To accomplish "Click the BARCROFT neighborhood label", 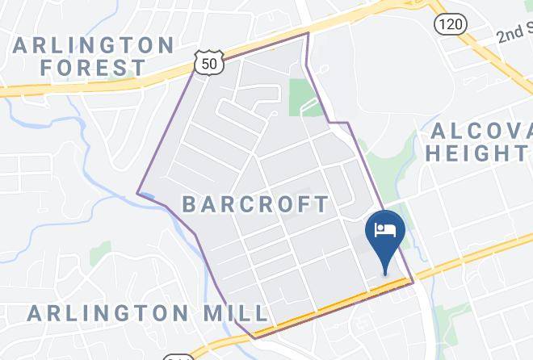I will coord(256,204).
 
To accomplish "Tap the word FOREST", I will coord(94,68).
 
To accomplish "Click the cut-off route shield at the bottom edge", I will coord(178,357).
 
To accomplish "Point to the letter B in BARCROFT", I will coord(189,204).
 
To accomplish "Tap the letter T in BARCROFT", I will coord(322,204).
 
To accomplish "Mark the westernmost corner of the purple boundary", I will coord(137,194).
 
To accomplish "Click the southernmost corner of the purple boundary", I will coord(254,337).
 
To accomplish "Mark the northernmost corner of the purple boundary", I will coord(308,33).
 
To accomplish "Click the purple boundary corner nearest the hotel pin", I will coord(413,283).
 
